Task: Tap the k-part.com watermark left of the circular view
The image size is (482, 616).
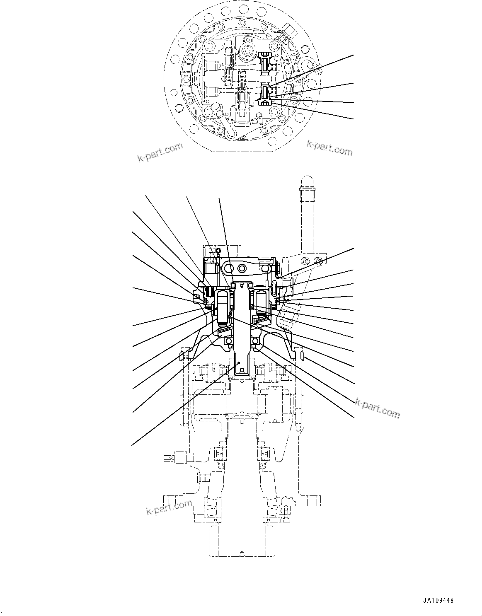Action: pyautogui.click(x=160, y=153)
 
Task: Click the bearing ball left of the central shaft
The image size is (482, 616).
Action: pyautogui.click(x=228, y=341)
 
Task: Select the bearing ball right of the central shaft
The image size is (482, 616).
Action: pyautogui.click(x=256, y=341)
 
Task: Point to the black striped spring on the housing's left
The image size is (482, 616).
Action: pyautogui.click(x=211, y=292)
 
